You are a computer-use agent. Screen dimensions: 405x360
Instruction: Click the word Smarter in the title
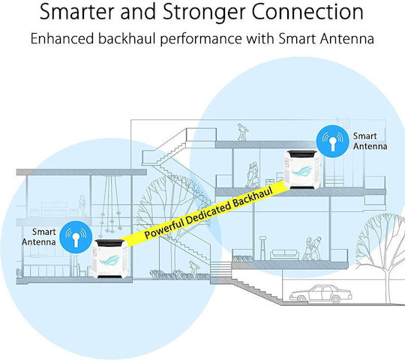[x=76, y=12]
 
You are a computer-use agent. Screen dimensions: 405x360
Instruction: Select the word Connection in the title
[x=307, y=12]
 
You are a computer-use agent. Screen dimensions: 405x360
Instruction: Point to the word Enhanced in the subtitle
[x=62, y=39]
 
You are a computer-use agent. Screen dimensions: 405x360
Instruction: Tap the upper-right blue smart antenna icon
[x=333, y=141]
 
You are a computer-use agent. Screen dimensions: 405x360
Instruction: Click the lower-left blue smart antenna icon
[x=76, y=237]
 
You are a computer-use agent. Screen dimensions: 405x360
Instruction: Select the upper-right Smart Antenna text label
[x=370, y=141]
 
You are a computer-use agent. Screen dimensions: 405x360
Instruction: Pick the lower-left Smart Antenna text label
[x=39, y=237]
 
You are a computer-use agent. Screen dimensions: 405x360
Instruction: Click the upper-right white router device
[x=302, y=169]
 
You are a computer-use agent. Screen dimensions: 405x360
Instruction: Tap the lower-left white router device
[x=110, y=259]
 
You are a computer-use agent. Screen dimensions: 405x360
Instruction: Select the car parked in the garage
[x=320, y=294]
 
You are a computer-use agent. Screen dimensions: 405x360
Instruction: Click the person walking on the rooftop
[x=242, y=132]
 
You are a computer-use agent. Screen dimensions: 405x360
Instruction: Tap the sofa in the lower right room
[x=284, y=254]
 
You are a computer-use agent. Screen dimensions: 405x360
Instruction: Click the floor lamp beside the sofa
[x=262, y=248]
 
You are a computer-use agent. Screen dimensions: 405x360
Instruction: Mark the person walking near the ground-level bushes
[x=193, y=268]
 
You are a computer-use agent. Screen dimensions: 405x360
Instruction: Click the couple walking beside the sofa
[x=312, y=248]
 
